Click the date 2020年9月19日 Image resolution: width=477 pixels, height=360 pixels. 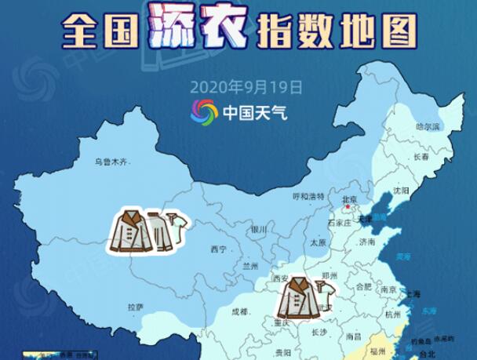pos(246,86)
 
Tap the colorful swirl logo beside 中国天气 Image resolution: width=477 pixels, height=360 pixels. pos(205,111)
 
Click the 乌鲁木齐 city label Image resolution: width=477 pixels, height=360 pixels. pos(111,162)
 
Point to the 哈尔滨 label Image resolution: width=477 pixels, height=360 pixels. pos(428,125)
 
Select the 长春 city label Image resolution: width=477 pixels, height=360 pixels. pos(421,157)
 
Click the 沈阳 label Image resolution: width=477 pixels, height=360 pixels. pos(402,191)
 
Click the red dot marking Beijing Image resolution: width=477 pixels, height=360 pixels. pos(356,208)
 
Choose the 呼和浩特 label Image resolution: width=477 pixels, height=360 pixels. pos(307,196)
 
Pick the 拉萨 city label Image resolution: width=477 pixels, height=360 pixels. pos(135,306)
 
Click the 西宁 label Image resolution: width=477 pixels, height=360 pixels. pos(217,249)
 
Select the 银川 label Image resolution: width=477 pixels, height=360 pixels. pos(259,230)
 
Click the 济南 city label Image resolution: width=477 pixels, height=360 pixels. pos(366,243)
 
